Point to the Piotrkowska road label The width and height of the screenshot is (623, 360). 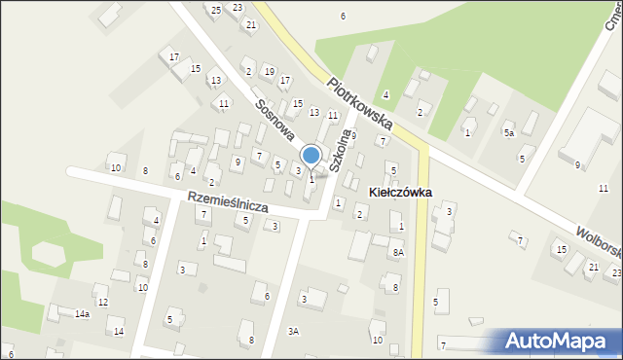[360, 105]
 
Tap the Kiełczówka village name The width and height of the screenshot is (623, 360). [401, 194]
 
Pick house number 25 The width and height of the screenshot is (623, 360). [215, 10]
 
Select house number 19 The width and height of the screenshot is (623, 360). [269, 72]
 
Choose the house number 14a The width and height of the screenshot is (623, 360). [83, 314]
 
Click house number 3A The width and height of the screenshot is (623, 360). [293, 332]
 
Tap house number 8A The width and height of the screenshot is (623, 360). [397, 253]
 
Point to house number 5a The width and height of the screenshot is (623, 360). [508, 133]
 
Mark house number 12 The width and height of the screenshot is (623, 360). [102, 303]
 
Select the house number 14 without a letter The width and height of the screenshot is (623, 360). [119, 332]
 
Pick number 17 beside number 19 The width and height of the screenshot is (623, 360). [285, 80]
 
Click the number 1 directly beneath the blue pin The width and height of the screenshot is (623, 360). [311, 179]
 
